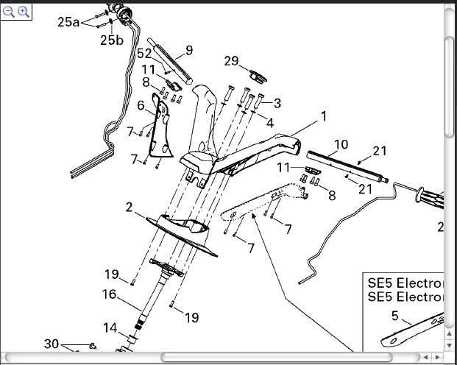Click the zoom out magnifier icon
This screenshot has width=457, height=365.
point(9,12)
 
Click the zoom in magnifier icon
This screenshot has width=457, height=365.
point(23,12)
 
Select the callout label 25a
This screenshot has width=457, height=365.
point(68,22)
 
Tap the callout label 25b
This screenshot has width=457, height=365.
point(112,40)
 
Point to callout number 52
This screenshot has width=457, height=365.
point(144,54)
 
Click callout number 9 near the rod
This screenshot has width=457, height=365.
point(189,50)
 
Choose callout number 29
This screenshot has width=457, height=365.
point(231,61)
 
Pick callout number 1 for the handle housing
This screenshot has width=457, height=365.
point(322,116)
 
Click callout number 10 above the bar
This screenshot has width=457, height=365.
point(341,144)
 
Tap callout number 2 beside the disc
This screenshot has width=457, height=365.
point(130,208)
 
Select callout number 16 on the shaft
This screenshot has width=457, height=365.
point(109,294)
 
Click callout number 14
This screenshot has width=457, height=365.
point(110,327)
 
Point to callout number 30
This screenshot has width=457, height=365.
point(52,344)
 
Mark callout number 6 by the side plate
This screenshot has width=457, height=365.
point(141,105)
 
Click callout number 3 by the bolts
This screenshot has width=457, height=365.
point(277,103)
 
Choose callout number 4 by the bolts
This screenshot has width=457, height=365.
point(270,123)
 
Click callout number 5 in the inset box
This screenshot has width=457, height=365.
point(394,317)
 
